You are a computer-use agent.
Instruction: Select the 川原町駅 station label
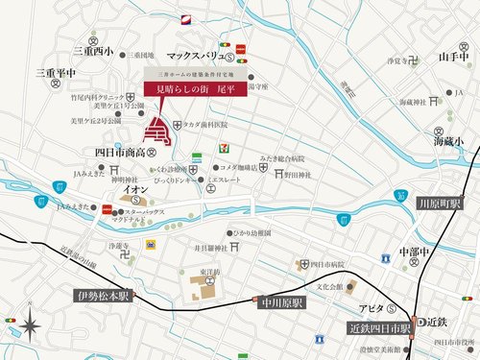pos(441,204)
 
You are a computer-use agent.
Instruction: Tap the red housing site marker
pos(156,132)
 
